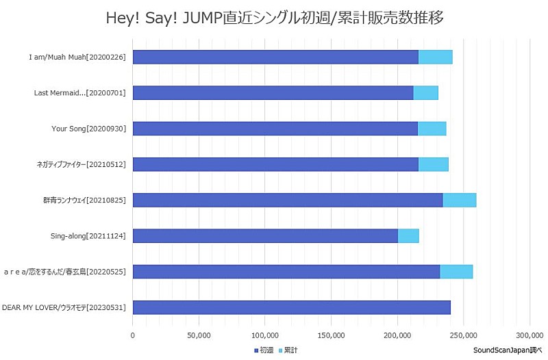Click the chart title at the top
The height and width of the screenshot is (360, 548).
274,18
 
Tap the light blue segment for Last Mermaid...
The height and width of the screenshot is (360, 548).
425,92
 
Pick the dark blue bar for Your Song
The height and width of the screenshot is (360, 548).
275,129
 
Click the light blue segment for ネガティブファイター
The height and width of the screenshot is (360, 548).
433,164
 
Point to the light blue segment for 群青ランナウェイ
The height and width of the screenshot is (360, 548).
459,200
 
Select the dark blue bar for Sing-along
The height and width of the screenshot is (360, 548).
265,235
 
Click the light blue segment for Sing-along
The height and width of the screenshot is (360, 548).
408,235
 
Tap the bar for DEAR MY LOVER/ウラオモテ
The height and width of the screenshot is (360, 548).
291,307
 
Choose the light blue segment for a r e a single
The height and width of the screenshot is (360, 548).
456,272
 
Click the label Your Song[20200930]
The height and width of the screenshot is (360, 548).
88,129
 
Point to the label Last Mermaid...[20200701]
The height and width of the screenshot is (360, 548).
79,92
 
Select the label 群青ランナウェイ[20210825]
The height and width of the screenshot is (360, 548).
84,200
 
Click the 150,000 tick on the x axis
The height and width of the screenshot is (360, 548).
331,335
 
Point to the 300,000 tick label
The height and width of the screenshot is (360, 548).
530,335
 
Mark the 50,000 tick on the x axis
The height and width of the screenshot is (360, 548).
199,335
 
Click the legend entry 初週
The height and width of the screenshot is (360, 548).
264,350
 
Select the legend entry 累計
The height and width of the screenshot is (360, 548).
288,350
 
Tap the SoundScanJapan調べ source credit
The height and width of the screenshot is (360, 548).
507,350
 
